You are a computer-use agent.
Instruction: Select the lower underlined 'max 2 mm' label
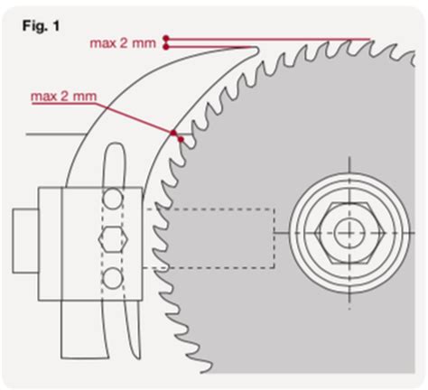tap(63, 95)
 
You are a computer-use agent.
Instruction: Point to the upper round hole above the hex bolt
tap(111, 198)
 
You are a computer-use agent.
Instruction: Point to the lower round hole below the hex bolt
tap(111, 277)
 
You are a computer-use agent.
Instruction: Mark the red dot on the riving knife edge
tap(172, 133)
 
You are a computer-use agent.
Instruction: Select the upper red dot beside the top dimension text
tap(167, 38)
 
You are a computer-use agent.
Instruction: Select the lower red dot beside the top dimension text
tap(167, 47)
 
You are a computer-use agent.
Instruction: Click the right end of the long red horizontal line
tap(370, 38)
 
